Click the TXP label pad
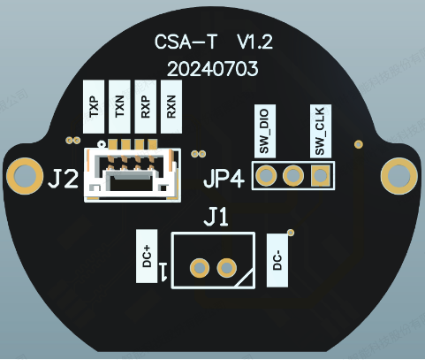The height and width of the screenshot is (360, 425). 94,107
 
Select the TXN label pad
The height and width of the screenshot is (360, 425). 119,107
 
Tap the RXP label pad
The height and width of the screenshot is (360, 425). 146,107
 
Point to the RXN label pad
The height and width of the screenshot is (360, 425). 171,107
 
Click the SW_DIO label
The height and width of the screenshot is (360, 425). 265,131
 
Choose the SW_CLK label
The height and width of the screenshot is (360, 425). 321,131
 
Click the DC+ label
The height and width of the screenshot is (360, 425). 147,257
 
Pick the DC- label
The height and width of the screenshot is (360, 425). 277,260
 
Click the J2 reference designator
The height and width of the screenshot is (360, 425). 64,179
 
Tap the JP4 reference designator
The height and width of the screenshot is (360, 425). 224,179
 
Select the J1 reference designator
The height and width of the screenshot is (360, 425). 216,217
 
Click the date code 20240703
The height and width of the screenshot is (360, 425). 213,70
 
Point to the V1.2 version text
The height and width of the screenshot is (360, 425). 255,42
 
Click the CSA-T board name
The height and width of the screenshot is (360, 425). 186,42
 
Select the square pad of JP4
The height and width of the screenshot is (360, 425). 321,176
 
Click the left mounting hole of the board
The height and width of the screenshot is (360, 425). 25,176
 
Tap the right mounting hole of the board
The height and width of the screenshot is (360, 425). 399,176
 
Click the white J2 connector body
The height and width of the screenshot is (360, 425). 133,174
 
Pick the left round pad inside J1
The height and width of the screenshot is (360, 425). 200,268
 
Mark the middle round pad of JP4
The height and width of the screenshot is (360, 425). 293,176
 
